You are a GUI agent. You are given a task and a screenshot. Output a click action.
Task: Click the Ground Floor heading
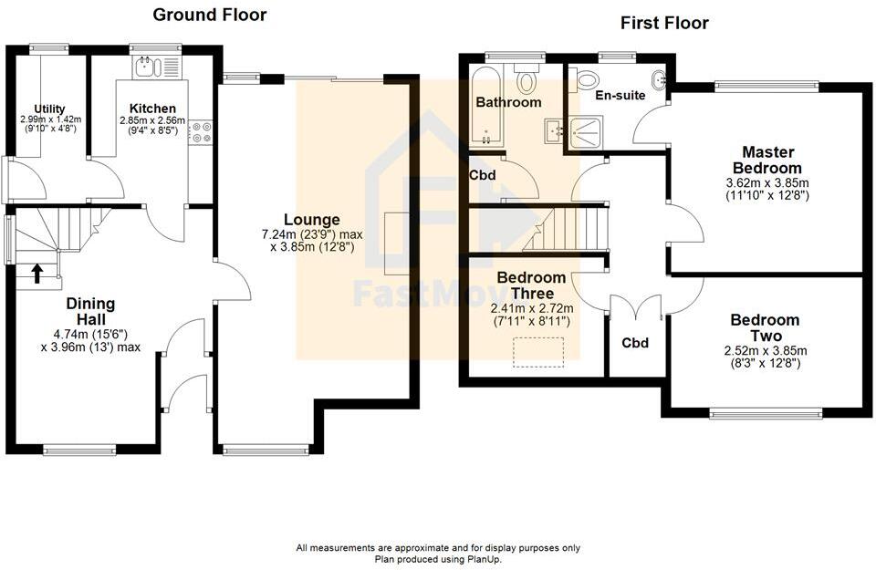click(x=209, y=15)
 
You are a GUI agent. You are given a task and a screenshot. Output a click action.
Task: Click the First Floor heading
click(x=664, y=23)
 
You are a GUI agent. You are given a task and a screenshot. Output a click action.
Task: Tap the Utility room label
click(x=49, y=109)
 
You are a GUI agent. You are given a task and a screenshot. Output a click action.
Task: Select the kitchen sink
click(x=147, y=67)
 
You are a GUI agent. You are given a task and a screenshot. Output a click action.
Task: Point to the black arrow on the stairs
click(x=37, y=272)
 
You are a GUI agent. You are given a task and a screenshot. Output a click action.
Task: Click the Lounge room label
click(x=311, y=220)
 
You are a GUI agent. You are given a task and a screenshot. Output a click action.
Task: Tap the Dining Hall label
click(x=90, y=312)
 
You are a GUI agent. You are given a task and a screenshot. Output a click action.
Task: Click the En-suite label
click(x=620, y=95)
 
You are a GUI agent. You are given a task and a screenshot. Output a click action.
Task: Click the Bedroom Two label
click(x=765, y=327)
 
